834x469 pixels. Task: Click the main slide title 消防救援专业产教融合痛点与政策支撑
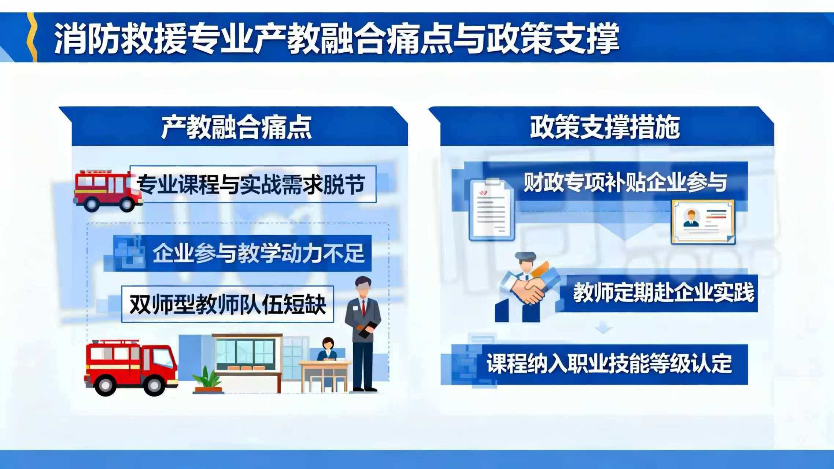coord(336,39)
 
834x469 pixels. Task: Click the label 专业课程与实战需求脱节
coord(251,184)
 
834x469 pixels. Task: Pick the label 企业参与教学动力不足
coord(258,253)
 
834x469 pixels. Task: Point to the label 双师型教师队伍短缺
coord(228,304)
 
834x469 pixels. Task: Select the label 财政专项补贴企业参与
coord(625,182)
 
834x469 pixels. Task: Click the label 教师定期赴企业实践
coord(663,293)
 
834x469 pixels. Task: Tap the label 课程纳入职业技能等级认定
coord(609,364)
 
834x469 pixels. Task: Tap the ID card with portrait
coord(703,222)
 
